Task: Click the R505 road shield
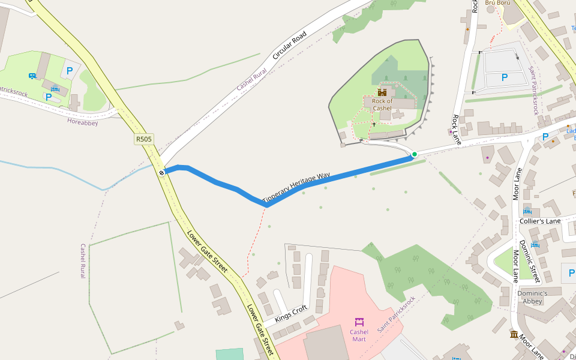(x=144, y=139)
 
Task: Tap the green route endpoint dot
(x=414, y=154)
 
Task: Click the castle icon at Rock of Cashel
(x=382, y=92)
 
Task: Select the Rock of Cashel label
(x=382, y=104)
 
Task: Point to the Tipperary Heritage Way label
(x=296, y=187)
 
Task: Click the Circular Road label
(x=290, y=45)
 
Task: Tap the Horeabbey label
(x=82, y=121)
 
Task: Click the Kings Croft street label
(x=291, y=313)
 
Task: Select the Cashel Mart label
(x=359, y=335)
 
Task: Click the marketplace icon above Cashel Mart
(x=359, y=322)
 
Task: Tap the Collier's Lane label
(x=540, y=221)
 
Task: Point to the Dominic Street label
(x=530, y=262)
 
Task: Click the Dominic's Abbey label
(x=533, y=297)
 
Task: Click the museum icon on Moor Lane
(x=514, y=334)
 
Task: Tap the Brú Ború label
(x=497, y=3)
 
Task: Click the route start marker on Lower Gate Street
(x=162, y=173)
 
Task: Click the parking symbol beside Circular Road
(x=70, y=71)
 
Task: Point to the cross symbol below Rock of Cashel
(x=374, y=124)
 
